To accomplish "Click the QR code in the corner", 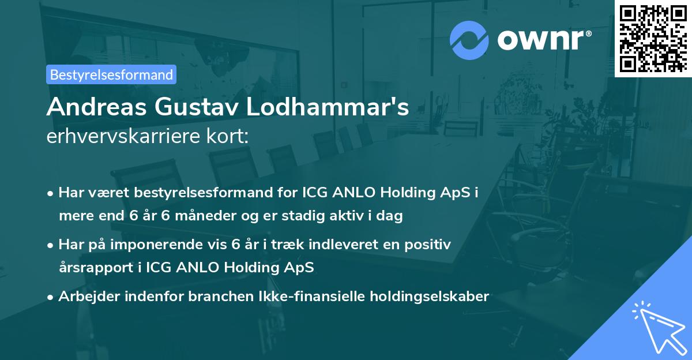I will click(653, 38).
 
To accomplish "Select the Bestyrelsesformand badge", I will click(111, 74).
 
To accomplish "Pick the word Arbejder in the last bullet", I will click(84, 297).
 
